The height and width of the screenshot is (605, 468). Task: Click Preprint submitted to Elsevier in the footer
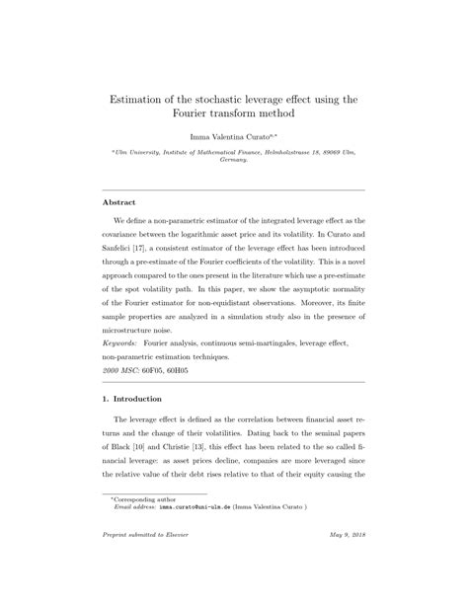pos(146,573)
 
